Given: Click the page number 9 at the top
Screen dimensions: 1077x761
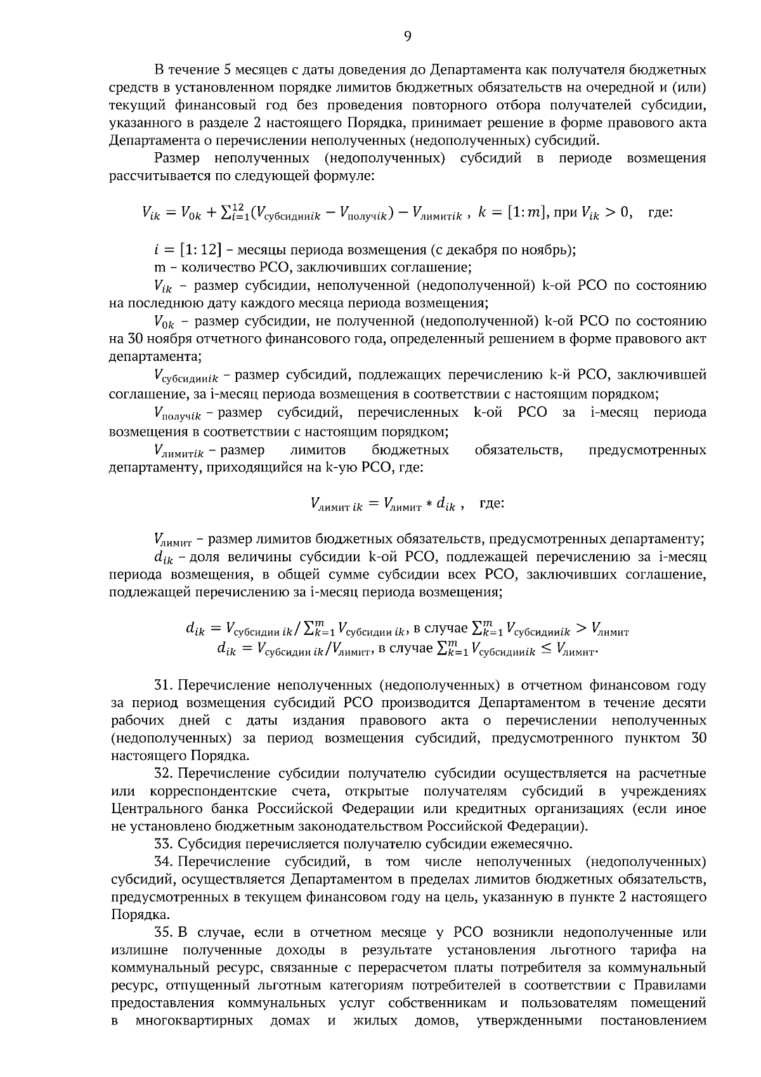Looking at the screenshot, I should (407, 37).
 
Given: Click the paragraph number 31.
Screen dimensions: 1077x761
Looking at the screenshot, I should (164, 686).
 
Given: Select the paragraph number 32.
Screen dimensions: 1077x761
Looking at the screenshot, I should (164, 774).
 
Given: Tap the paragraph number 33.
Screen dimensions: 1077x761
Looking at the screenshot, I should (164, 844).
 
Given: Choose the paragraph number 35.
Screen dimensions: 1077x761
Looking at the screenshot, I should (164, 932).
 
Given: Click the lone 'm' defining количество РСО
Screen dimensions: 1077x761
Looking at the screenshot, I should (159, 268).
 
